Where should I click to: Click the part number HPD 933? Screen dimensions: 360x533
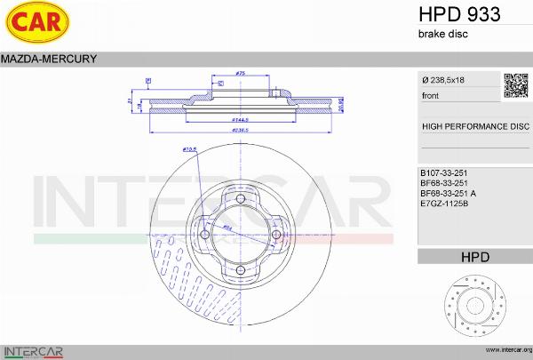point(458,14)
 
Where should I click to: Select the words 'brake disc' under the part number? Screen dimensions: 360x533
point(442,34)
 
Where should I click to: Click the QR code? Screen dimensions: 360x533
point(515,84)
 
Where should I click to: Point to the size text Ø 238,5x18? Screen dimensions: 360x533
point(443,81)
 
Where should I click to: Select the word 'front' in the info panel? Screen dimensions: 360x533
point(430,95)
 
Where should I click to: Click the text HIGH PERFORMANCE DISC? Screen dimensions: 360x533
point(475,127)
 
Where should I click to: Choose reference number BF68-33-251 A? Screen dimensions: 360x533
point(448,192)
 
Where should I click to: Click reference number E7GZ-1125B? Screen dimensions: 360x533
point(443,203)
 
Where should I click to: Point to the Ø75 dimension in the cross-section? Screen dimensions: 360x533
point(241,73)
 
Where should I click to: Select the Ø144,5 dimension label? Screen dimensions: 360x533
point(239,119)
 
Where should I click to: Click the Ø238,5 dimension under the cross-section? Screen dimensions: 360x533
point(239,130)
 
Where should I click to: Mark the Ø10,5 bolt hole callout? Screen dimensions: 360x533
point(188,149)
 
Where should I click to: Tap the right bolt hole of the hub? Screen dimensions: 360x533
point(276,235)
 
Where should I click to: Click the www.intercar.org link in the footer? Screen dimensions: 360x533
point(504,350)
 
